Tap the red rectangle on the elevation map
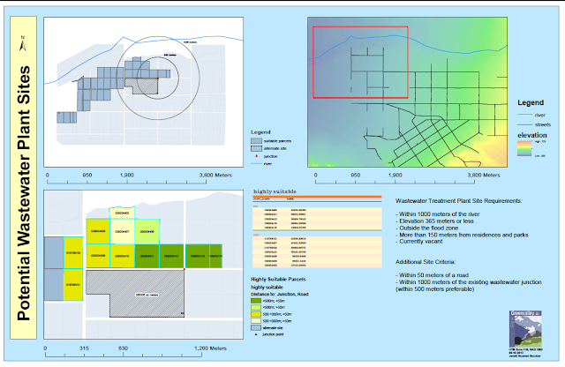360,62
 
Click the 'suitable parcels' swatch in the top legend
255,139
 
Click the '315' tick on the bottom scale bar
84,348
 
